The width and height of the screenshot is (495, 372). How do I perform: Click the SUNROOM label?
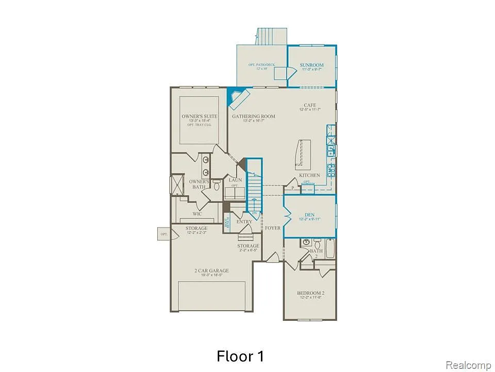[312, 65]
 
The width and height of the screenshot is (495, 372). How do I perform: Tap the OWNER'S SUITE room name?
[200, 116]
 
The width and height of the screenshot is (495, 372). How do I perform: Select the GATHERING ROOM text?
[253, 116]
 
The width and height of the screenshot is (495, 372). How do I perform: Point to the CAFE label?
[309, 105]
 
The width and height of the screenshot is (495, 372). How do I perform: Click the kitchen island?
[302, 154]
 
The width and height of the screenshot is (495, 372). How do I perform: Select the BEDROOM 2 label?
[310, 293]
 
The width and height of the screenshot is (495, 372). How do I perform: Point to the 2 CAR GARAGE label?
[211, 270]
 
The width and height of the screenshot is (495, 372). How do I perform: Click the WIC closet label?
[197, 213]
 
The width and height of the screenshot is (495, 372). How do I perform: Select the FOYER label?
[272, 228]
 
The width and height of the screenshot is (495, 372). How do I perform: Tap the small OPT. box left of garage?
[164, 234]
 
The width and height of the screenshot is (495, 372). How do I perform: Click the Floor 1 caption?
[240, 356]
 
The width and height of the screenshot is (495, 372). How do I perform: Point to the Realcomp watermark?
[468, 365]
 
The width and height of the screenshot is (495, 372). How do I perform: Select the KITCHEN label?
[309, 175]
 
